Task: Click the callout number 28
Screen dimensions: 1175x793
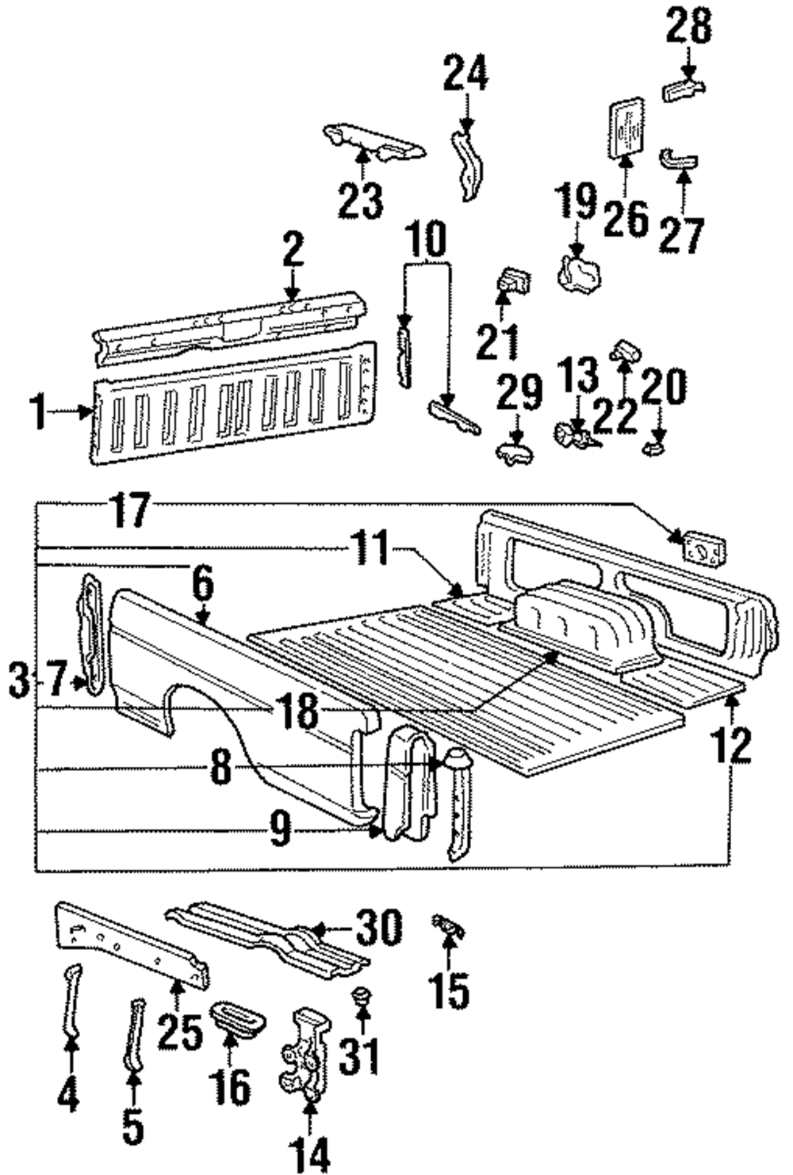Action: (x=688, y=29)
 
